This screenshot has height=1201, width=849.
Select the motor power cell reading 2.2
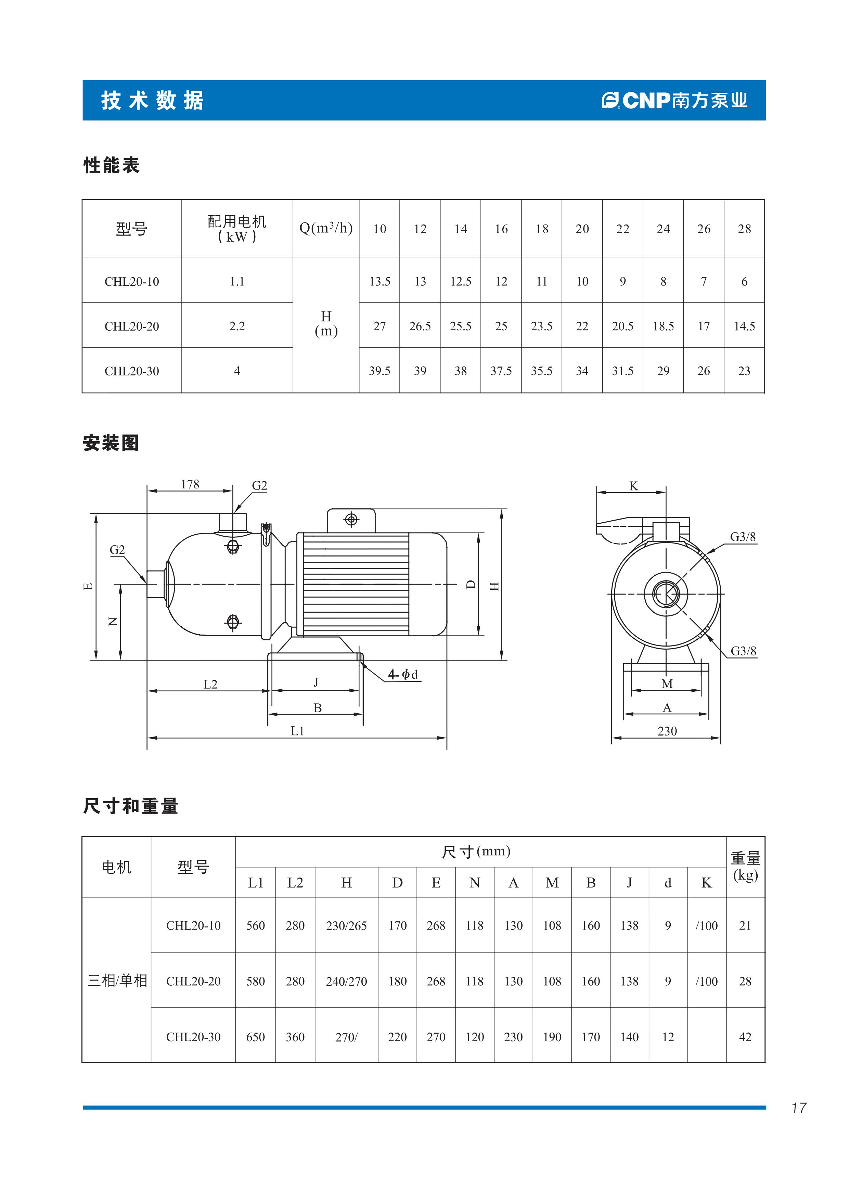[x=237, y=326]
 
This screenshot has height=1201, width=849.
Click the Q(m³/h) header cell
[x=326, y=228]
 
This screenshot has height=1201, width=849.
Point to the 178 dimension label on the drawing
[x=190, y=484]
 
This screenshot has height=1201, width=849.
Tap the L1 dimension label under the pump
[x=297, y=731]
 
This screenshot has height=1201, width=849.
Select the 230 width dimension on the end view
[x=667, y=731]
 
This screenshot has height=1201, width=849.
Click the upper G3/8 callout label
[x=743, y=537]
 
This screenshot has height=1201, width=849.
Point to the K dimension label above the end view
[x=633, y=486]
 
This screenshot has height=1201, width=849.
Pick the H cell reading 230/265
[x=346, y=925]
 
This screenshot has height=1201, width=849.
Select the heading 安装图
[x=111, y=443]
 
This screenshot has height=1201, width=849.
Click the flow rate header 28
[x=744, y=229]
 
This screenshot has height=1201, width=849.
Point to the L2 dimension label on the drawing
[x=210, y=684]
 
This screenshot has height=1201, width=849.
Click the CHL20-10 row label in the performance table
[x=132, y=281]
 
